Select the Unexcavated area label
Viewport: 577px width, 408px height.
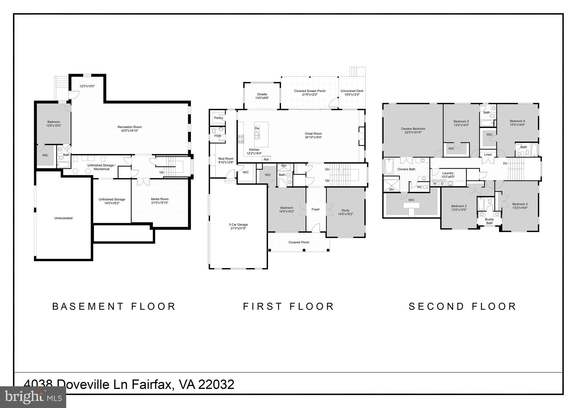[63, 218]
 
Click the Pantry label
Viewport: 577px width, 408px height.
[219, 118]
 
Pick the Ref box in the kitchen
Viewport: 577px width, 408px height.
[266, 159]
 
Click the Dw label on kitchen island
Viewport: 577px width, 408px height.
[257, 128]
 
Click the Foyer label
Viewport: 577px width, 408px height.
[316, 209]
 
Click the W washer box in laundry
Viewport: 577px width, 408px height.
[435, 184]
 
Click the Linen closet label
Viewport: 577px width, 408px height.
[488, 155]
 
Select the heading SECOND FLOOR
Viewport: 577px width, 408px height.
[462, 306]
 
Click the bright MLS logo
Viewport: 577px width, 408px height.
[33, 397]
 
